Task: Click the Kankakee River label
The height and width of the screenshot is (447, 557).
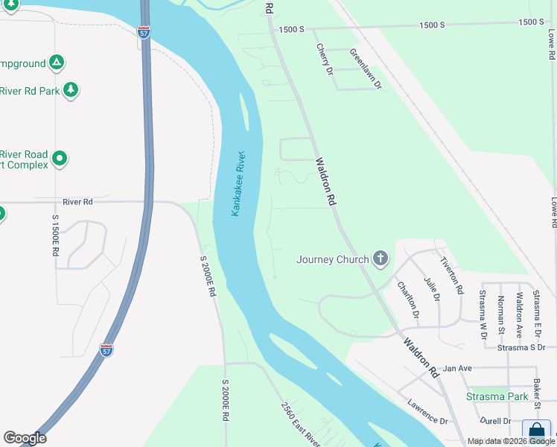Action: [238, 184]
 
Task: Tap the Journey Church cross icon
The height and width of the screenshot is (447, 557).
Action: [381, 259]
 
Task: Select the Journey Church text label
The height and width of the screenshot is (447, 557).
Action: [332, 260]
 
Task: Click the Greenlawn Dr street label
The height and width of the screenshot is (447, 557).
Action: [365, 69]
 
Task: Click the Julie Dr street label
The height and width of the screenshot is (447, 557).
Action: [432, 287]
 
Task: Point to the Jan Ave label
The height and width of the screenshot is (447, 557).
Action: [457, 368]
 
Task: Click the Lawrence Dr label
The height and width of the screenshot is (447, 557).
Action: [427, 411]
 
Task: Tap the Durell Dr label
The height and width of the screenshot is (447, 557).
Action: [496, 421]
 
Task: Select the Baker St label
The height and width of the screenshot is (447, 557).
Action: [536, 393]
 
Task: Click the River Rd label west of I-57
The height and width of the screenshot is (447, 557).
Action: [77, 201]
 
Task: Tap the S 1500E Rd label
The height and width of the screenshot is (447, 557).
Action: [55, 236]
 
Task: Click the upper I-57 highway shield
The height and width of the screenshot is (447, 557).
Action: [144, 32]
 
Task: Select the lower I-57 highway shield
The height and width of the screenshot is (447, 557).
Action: [106, 349]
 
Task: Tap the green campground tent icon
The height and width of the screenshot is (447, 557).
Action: [57, 63]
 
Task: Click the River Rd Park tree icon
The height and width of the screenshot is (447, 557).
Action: [70, 90]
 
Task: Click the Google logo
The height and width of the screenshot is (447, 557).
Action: [25, 438]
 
